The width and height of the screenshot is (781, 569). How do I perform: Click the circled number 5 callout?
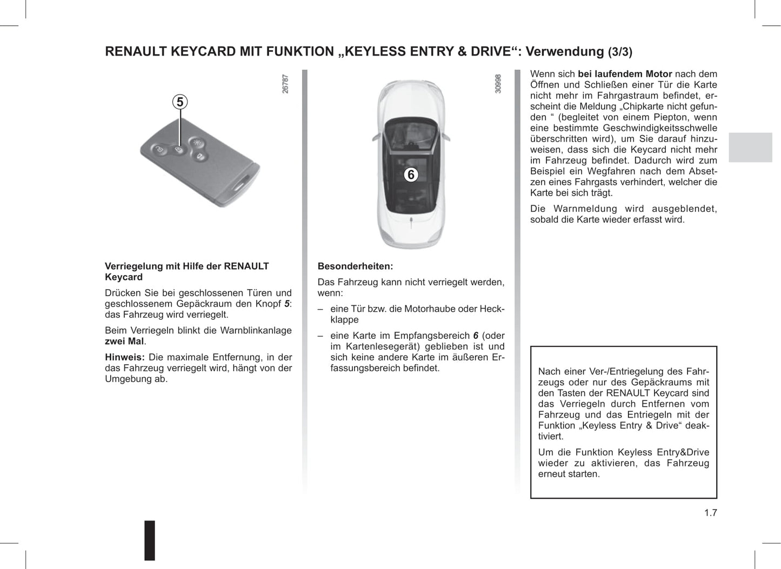coord(180,102)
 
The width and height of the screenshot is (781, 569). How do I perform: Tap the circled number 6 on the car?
coord(411,175)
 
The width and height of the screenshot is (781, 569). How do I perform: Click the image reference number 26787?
coord(285,84)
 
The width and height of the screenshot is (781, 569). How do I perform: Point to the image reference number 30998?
coord(498,84)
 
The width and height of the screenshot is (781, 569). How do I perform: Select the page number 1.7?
coord(710,513)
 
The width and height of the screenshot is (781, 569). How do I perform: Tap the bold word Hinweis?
coord(124,357)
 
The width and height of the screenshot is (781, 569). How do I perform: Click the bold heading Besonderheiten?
coord(355,266)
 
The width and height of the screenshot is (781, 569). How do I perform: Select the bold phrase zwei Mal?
coord(124,342)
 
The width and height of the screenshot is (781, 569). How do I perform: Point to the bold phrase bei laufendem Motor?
coord(625,74)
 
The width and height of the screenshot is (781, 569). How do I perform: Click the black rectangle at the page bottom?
coord(150,540)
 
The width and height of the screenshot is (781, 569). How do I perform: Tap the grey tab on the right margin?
coord(750,147)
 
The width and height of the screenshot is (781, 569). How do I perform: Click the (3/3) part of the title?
coord(620,52)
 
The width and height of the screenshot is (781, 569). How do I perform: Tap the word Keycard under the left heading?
coord(124,277)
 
